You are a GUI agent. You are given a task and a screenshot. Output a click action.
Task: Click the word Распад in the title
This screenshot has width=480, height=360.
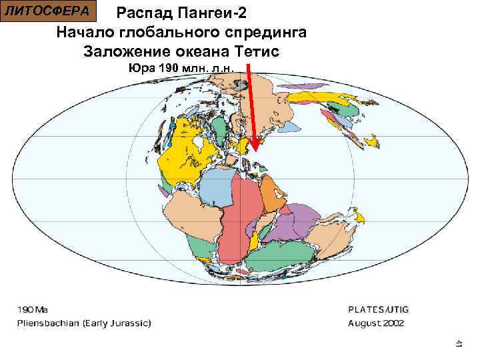pyautogui.click(x=147, y=13)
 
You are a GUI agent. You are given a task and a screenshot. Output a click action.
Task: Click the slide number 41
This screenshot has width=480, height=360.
pyautogui.click(x=459, y=341)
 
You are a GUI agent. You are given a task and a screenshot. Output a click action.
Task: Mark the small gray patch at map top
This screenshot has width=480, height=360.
pyautogui.click(x=241, y=85)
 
